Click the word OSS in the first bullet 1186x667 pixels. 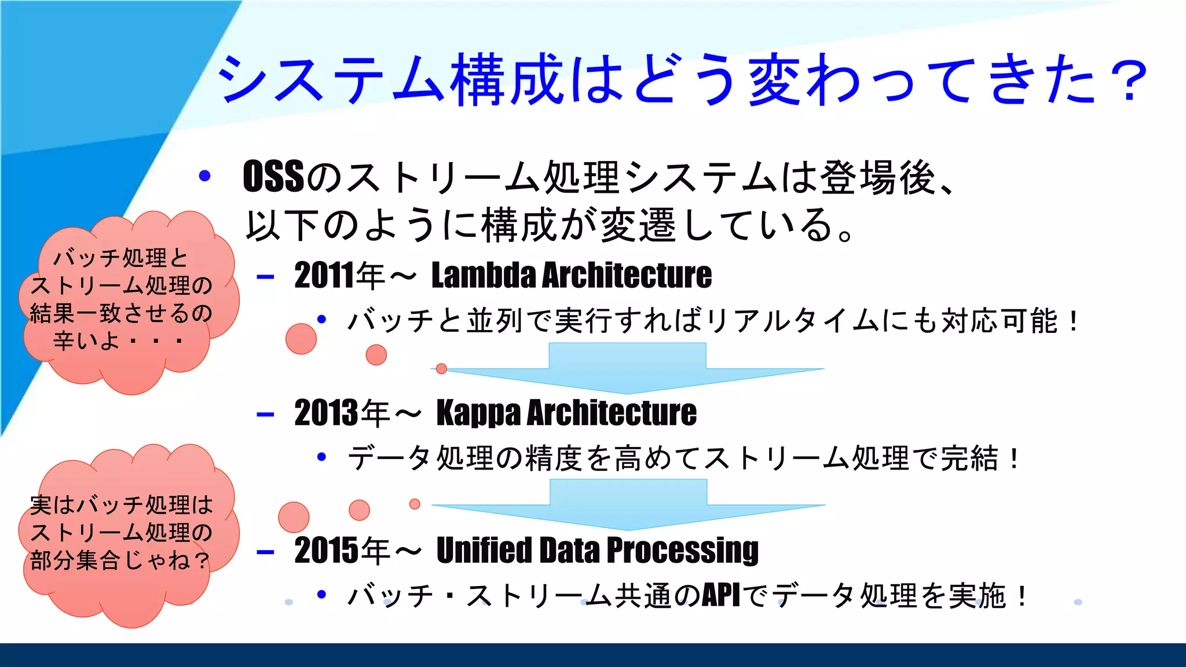(x=273, y=177)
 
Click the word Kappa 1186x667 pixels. (x=478, y=413)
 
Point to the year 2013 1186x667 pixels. (x=326, y=413)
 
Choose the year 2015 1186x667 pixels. (x=326, y=551)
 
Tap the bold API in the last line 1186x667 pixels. (x=721, y=596)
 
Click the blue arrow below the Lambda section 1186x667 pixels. (x=627, y=368)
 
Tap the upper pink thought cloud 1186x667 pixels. (x=127, y=301)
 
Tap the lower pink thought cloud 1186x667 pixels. (x=127, y=536)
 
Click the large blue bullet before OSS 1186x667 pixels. (x=204, y=176)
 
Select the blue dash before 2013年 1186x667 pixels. (x=265, y=415)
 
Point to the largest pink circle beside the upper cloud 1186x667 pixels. (x=301, y=339)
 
